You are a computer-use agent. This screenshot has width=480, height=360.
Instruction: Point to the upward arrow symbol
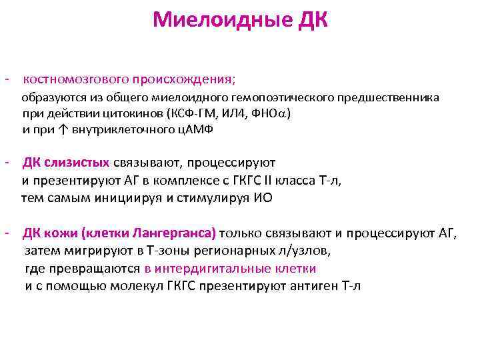coord(60,129)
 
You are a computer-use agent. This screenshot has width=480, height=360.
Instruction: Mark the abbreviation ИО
coord(263,198)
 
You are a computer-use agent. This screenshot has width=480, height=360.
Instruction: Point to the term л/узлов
coord(307,251)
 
